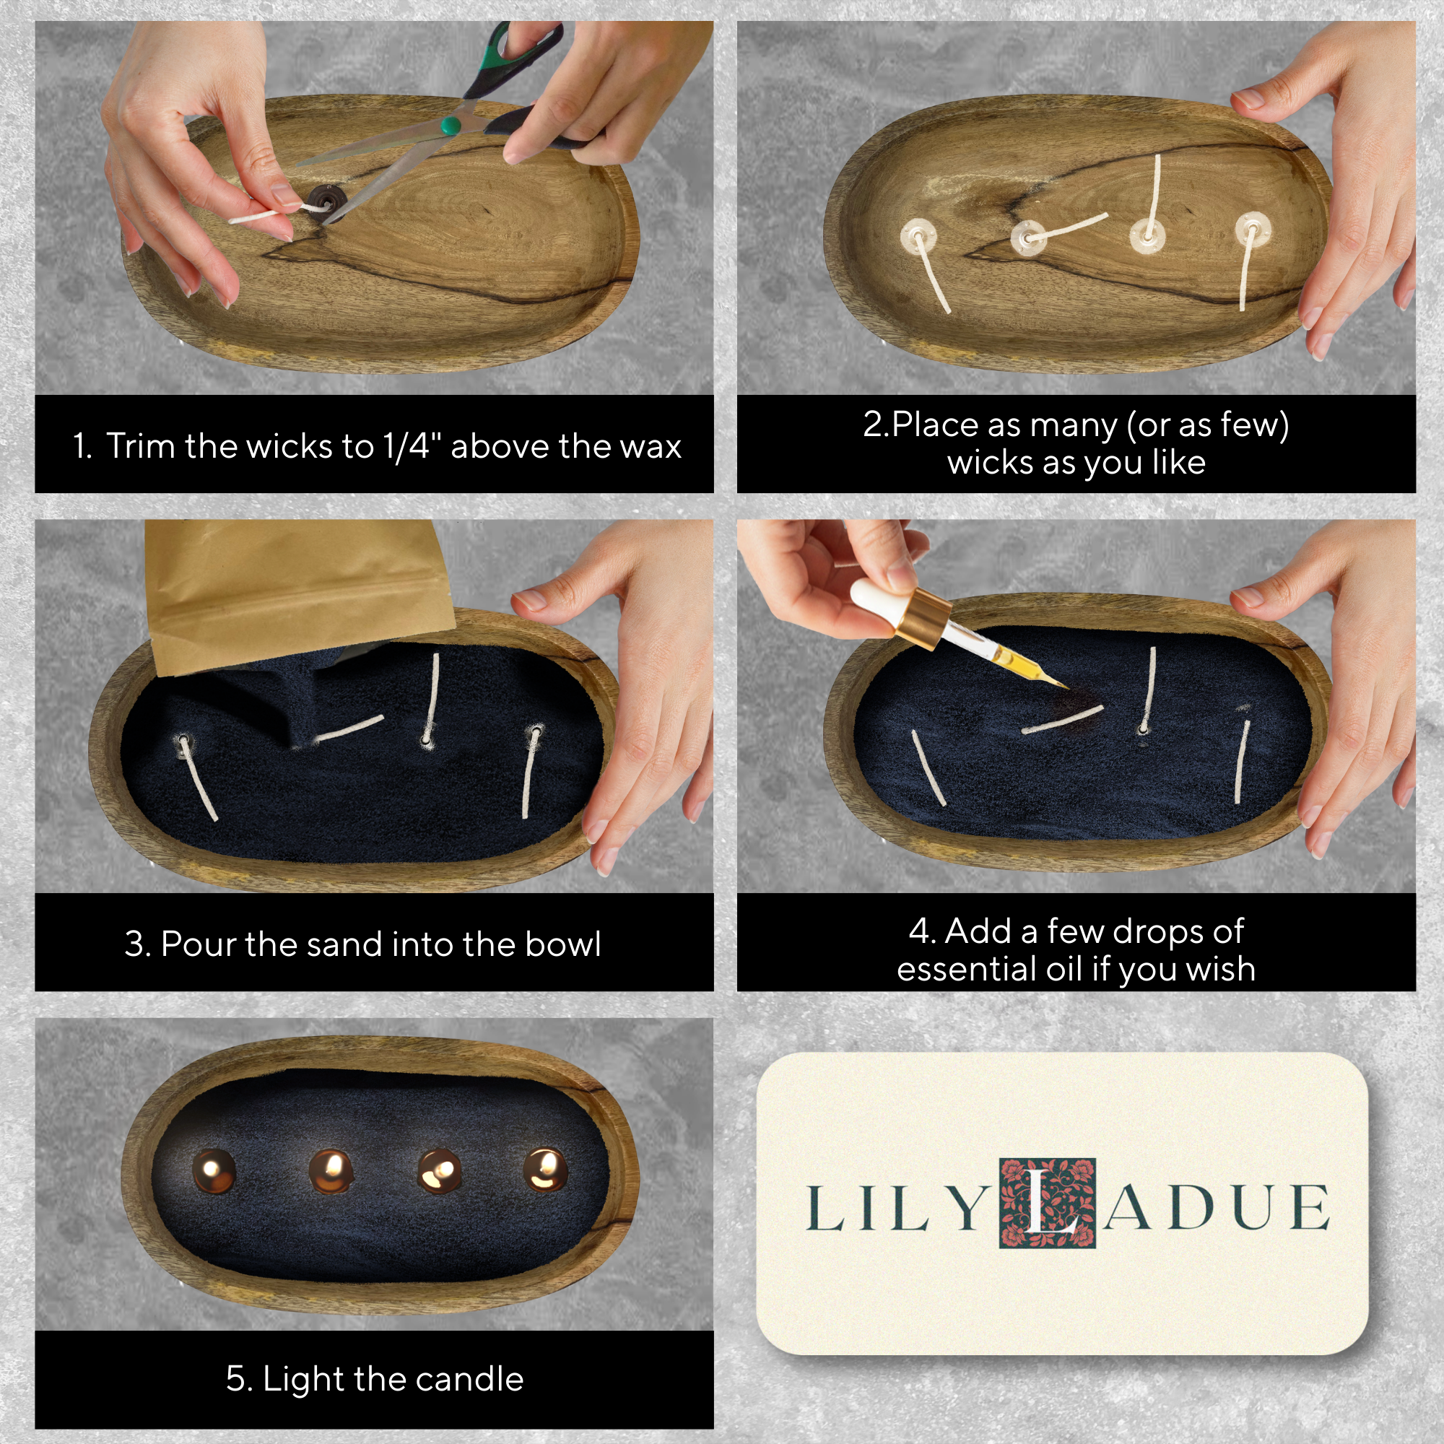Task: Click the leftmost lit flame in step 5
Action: tap(214, 1171)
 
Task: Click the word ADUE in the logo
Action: tap(1216, 1208)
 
